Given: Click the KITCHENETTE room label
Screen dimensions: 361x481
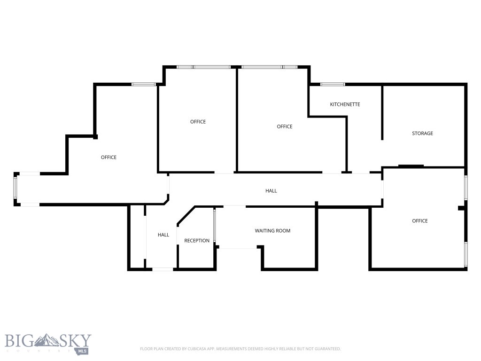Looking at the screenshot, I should (345, 104).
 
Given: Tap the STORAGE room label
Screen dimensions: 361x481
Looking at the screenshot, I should (422, 133).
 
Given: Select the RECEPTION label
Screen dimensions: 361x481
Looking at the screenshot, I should (197, 241).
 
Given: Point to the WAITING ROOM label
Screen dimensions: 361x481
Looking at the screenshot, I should (272, 231).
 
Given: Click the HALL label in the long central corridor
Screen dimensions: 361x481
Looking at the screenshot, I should (271, 191).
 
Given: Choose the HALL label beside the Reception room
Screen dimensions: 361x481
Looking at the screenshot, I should (163, 235).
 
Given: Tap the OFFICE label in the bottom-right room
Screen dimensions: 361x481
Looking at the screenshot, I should (419, 221).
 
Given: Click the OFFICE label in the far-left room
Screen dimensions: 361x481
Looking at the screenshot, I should (109, 157).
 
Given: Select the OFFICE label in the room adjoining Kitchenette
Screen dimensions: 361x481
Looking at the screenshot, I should (284, 126).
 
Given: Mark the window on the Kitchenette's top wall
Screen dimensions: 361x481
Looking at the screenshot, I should (333, 84).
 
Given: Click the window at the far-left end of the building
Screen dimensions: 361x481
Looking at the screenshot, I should (16, 189).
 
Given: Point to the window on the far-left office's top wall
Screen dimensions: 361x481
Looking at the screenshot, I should (143, 84).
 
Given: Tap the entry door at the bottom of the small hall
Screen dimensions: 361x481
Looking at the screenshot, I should (163, 269).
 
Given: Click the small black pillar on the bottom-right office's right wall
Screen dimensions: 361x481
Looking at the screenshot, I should (462, 208).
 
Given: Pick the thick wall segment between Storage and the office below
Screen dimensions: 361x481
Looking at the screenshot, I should (411, 166).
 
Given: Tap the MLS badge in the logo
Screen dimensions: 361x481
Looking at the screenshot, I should (83, 351).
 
